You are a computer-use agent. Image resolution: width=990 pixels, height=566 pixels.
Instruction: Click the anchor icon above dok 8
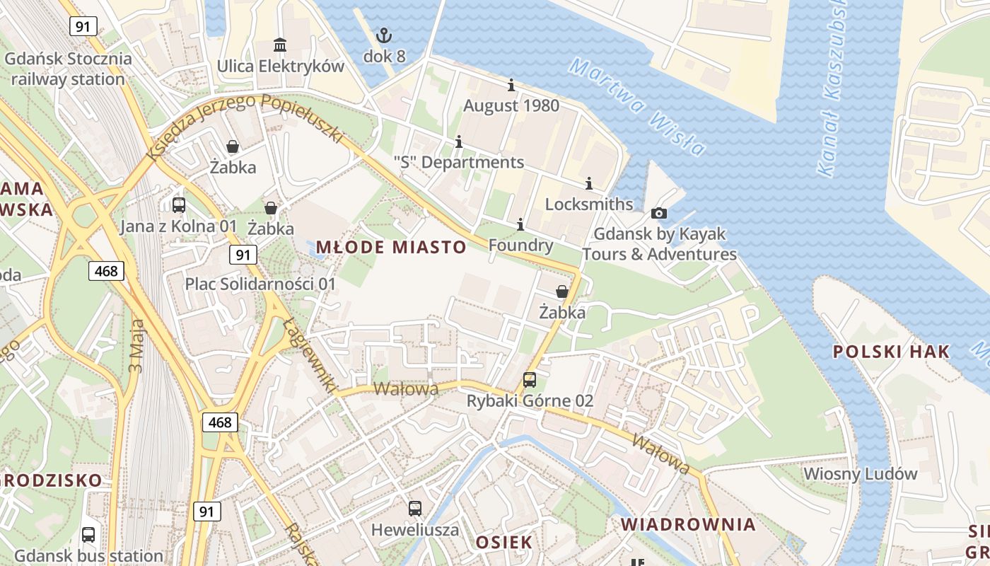click(384, 35)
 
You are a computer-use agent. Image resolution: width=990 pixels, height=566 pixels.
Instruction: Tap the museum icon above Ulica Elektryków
click(280, 45)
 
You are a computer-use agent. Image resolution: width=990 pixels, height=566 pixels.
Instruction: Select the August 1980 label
click(511, 106)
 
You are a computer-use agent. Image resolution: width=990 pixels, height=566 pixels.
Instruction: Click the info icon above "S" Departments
click(459, 142)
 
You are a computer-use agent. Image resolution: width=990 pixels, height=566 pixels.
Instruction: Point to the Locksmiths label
click(589, 204)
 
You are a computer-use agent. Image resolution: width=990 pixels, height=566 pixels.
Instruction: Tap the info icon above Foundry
click(520, 225)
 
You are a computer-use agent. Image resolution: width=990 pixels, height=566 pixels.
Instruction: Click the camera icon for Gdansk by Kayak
click(659, 213)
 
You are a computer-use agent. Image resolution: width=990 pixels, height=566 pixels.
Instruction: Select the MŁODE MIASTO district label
click(391, 247)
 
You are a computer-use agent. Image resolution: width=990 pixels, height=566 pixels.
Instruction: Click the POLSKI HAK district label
click(891, 352)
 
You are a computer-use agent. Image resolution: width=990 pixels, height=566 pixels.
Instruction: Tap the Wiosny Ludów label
click(861, 474)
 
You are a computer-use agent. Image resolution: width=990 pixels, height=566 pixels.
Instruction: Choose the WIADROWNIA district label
click(688, 524)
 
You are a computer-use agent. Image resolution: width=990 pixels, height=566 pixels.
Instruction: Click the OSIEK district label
click(503, 543)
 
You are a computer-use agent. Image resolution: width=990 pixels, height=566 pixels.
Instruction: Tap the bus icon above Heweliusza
click(415, 508)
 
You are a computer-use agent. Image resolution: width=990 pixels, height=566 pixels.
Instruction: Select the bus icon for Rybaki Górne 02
click(530, 380)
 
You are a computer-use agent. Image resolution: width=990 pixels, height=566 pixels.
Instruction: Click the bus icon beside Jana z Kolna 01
click(179, 205)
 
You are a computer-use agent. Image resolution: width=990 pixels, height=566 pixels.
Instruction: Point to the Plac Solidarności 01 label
click(260, 284)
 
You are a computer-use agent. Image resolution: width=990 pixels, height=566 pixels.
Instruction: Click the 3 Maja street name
click(136, 346)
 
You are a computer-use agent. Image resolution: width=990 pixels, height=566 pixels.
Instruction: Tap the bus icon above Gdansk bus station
click(88, 535)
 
